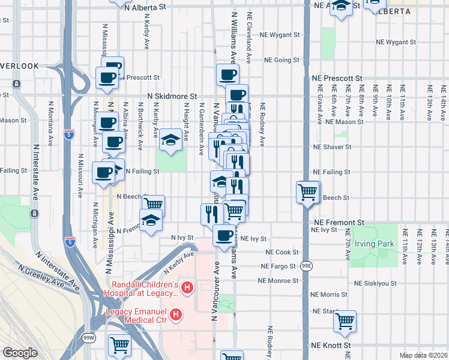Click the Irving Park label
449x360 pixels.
pyautogui.click(x=373, y=244)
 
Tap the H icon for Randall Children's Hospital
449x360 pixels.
pyautogui.click(x=187, y=289)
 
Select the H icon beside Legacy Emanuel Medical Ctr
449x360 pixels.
pyautogui.click(x=176, y=314)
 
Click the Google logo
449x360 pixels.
pyautogui.click(x=20, y=352)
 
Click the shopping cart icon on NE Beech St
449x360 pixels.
pyautogui.click(x=308, y=193)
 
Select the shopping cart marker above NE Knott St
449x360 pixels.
pyautogui.click(x=345, y=321)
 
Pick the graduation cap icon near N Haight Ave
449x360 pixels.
pyautogui.click(x=171, y=140)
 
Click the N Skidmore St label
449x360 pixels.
pyautogui.click(x=173, y=96)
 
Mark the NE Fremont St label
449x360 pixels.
pyautogui.click(x=339, y=222)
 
